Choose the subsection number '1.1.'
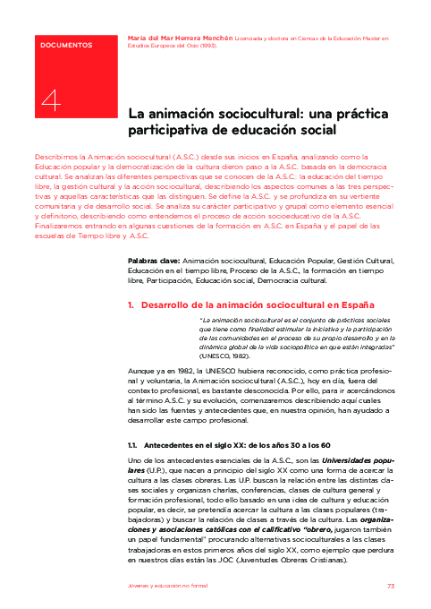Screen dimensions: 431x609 coord(132,445)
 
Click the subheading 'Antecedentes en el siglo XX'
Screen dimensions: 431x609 coord(189,445)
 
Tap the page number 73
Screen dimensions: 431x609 coord(391,586)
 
